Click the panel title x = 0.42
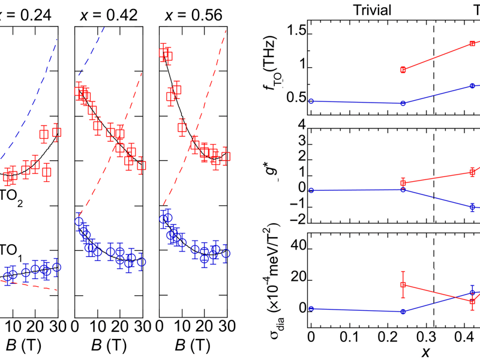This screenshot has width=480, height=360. (107, 12)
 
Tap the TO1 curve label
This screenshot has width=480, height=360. (11, 251)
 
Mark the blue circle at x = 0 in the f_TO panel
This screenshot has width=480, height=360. (311, 101)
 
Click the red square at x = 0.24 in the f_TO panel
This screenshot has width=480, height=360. (403, 70)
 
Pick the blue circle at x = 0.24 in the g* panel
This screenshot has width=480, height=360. (403, 190)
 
